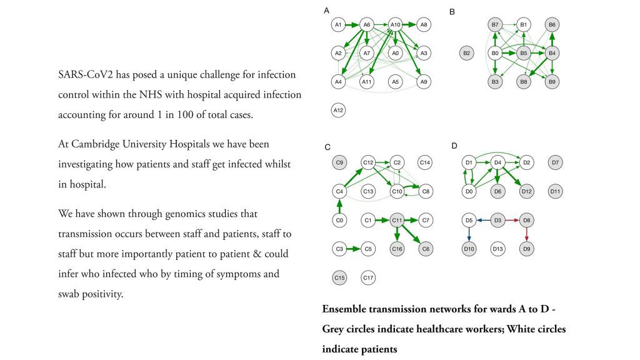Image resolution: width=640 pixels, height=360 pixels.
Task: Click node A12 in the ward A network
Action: pos(338,111)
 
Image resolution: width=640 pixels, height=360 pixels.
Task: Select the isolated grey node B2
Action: pos(466,53)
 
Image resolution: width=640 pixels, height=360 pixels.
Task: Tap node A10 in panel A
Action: pos(395,25)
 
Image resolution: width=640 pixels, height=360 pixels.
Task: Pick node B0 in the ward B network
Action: pos(495,53)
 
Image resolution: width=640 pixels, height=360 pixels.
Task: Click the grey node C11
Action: pos(397,220)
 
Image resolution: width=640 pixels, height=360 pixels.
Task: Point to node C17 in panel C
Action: pos(368,277)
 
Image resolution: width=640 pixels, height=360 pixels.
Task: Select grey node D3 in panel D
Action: pos(497,220)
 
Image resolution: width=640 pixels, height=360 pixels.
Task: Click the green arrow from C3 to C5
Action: pos(353,249)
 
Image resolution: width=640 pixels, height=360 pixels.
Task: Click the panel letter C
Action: pos(327,147)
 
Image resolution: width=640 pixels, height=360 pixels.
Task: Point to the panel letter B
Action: pos(452,11)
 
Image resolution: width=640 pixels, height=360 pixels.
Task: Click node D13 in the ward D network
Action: pos(497,249)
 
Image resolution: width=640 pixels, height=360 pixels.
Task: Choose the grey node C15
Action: pos(339,277)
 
